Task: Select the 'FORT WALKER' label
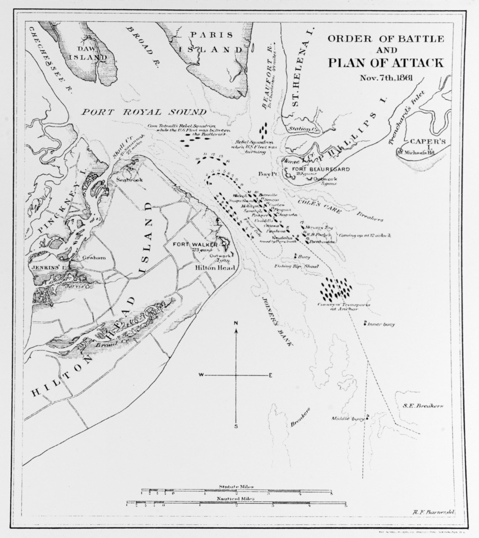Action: click(192, 244)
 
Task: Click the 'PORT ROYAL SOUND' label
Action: click(144, 112)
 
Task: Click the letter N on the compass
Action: click(236, 323)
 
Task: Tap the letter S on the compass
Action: click(236, 426)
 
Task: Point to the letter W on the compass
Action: click(201, 374)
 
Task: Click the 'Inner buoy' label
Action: click(381, 324)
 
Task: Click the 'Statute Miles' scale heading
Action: click(236, 487)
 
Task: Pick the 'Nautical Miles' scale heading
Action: click(236, 499)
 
